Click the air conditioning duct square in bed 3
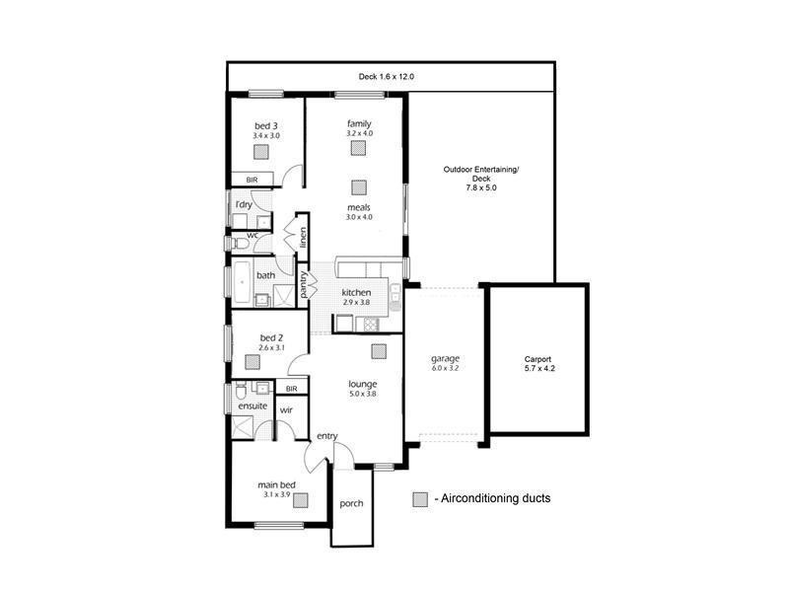(x=261, y=152)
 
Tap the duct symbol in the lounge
(x=379, y=351)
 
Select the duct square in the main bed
(x=299, y=500)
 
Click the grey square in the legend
(x=421, y=498)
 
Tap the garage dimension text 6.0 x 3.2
(x=446, y=368)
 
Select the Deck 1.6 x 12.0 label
(x=388, y=77)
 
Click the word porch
(x=351, y=503)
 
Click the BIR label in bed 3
(x=251, y=180)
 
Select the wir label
(x=286, y=408)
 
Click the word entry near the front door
(x=326, y=436)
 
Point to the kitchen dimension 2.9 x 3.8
(x=355, y=304)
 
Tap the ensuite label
(x=252, y=406)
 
